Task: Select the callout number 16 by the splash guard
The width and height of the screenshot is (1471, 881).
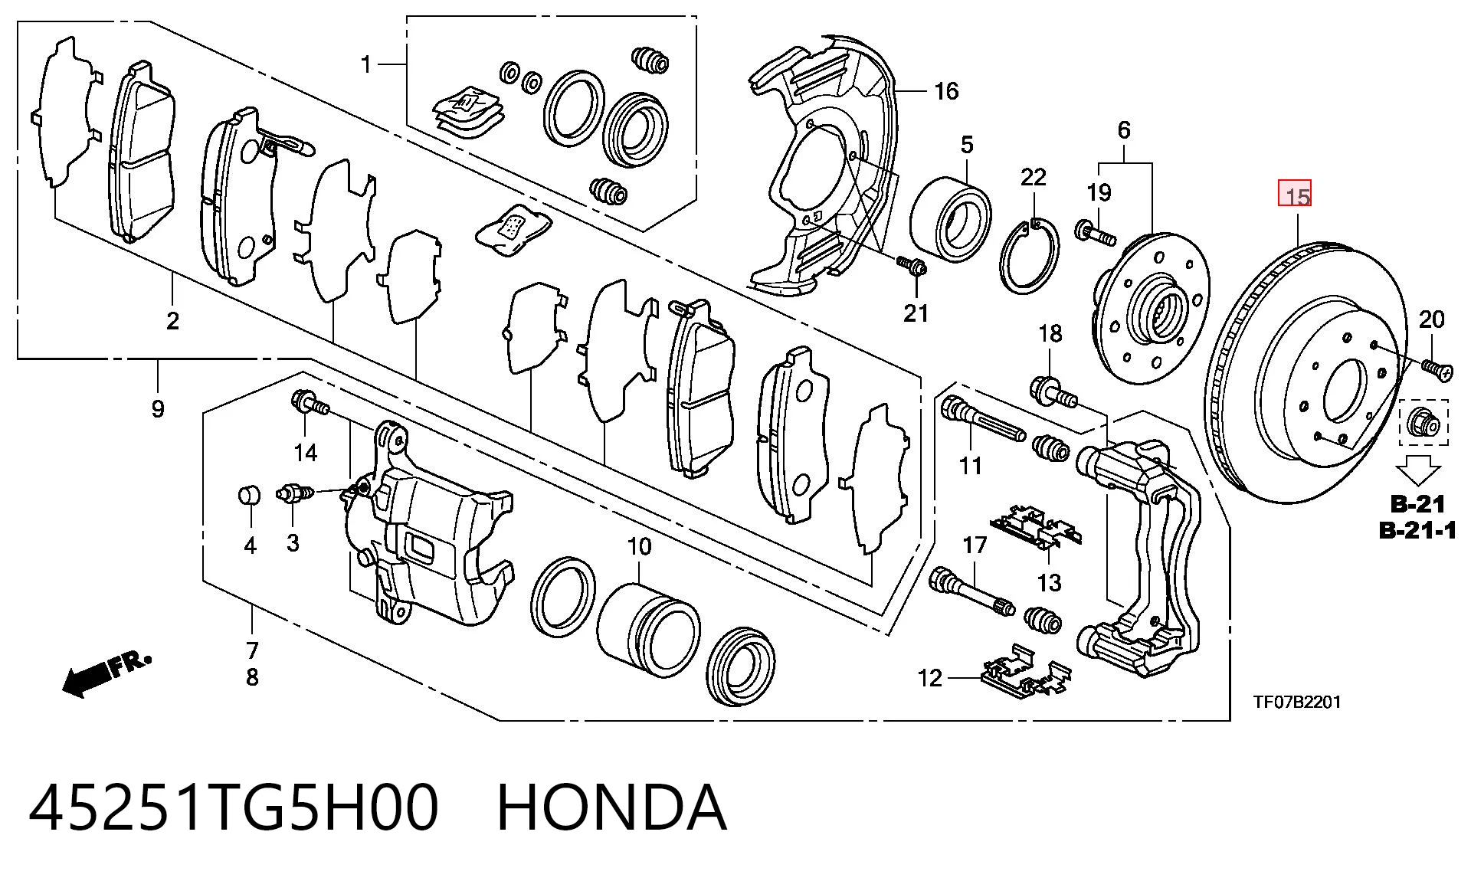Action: click(x=946, y=91)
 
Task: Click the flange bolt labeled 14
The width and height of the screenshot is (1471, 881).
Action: click(x=310, y=403)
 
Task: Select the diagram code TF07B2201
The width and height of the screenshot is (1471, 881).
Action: click(x=1297, y=702)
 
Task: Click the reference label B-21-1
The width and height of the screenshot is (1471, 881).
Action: click(x=1417, y=530)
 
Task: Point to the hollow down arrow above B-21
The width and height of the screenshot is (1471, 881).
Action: click(x=1417, y=469)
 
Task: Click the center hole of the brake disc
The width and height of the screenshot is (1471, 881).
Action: click(x=1345, y=390)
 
